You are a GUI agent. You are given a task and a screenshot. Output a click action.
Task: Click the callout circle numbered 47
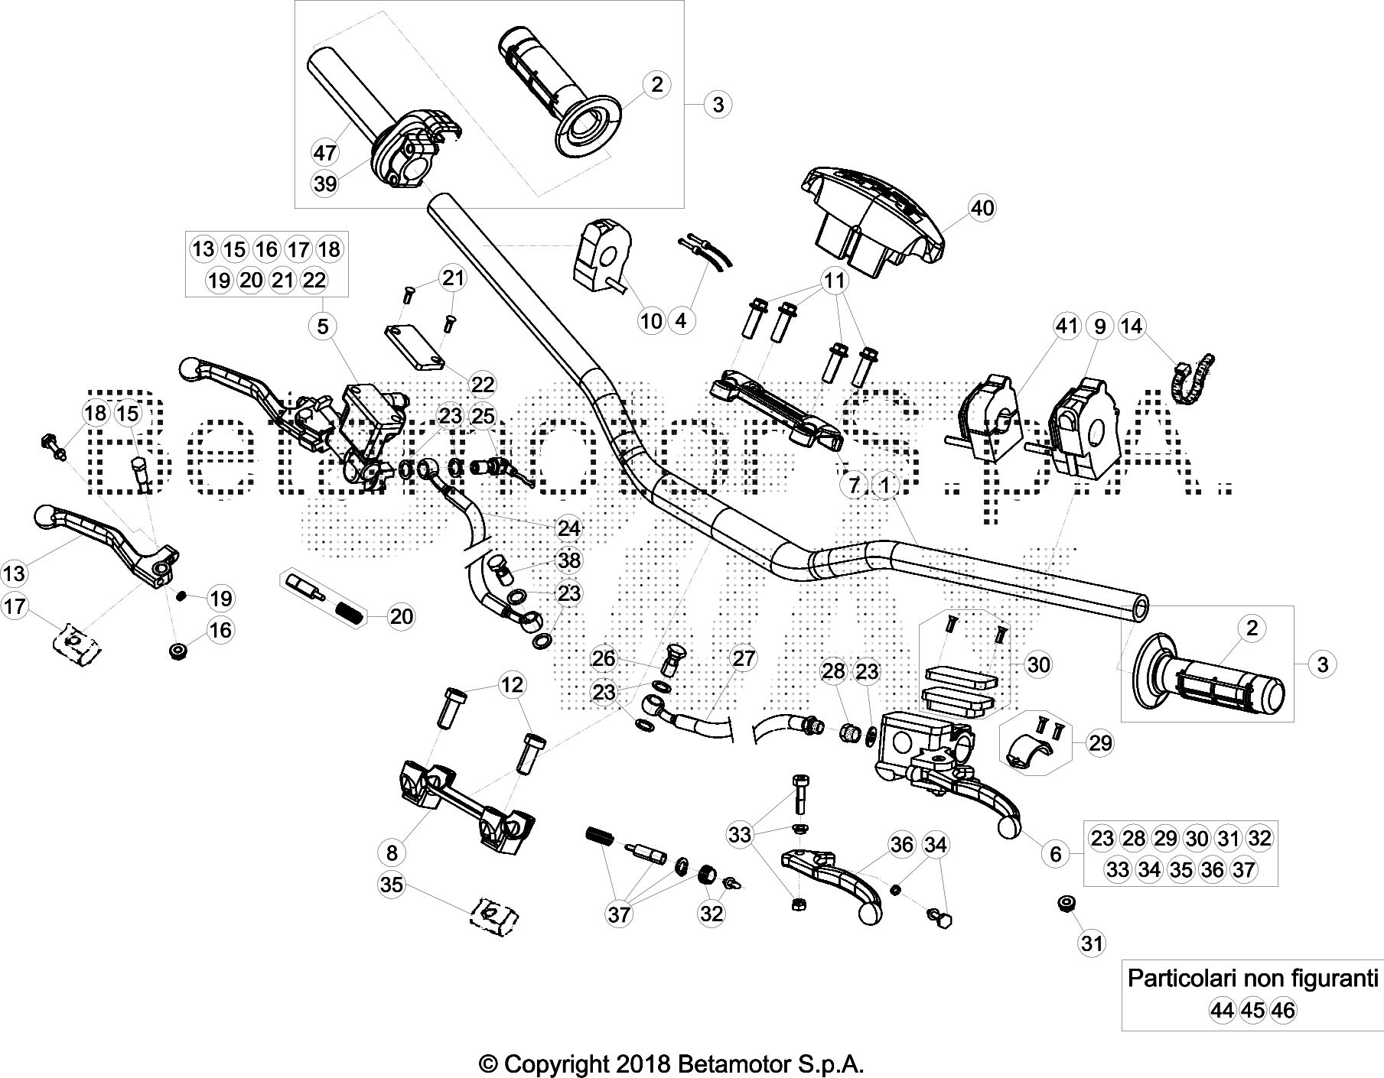tap(325, 153)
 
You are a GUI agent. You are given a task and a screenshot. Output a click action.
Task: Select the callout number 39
tap(325, 183)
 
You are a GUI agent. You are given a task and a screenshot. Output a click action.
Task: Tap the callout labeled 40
tap(982, 208)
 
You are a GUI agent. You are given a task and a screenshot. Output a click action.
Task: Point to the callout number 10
tap(651, 321)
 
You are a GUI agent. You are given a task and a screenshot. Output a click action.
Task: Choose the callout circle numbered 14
tap(1132, 326)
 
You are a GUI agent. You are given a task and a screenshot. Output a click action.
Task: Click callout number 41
tap(1067, 326)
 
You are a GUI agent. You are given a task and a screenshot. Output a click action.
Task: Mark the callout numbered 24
tap(568, 528)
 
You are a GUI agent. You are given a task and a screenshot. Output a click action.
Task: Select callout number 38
tap(568, 560)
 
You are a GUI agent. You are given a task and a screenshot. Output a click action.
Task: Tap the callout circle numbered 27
tap(744, 658)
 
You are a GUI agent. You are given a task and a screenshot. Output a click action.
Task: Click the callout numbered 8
tap(392, 852)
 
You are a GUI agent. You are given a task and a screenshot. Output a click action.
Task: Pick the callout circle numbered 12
tap(513, 684)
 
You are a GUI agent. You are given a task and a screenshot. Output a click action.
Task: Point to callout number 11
tap(834, 281)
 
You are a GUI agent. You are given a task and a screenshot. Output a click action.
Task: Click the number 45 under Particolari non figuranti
tap(1252, 1011)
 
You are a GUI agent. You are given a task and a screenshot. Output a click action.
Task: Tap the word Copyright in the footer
tap(568, 1064)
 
